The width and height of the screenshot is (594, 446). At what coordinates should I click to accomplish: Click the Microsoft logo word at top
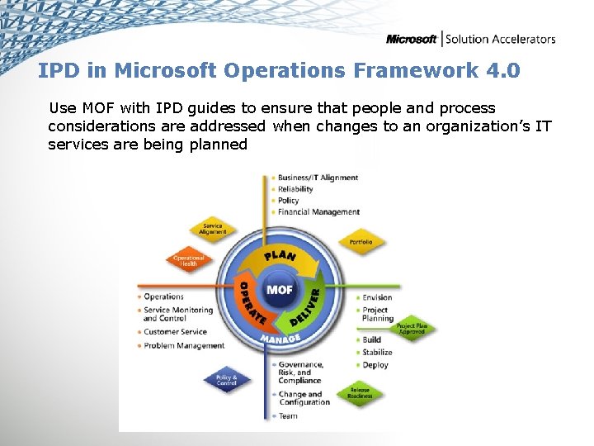click(412, 39)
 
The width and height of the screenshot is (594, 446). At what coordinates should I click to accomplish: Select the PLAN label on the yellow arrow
click(279, 256)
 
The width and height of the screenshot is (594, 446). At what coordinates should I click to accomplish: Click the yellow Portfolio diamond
click(361, 242)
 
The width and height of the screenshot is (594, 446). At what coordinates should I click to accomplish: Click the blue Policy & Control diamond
click(226, 380)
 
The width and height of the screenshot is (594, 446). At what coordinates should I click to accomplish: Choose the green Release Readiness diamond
click(360, 392)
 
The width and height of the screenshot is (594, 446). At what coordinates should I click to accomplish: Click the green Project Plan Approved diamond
click(412, 328)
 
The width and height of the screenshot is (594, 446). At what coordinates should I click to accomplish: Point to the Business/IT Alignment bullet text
click(318, 178)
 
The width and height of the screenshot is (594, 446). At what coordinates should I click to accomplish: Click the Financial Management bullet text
click(318, 212)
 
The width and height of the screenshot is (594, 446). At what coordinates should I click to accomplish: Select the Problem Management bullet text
click(183, 345)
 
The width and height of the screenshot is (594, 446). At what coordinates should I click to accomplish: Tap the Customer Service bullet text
click(174, 332)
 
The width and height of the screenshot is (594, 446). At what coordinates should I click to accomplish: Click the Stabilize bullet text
click(377, 352)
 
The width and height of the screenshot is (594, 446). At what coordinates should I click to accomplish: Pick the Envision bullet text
click(377, 297)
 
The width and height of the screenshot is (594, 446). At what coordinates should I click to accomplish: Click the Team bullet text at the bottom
click(287, 415)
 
